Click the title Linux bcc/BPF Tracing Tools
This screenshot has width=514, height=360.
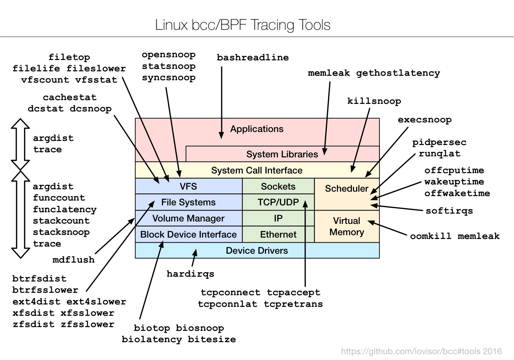click(x=243, y=25)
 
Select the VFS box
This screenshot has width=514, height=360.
click(x=188, y=186)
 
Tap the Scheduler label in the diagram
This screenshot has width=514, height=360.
click(x=346, y=189)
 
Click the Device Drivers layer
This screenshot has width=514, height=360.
click(x=257, y=251)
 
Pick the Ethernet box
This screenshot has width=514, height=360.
click(x=278, y=235)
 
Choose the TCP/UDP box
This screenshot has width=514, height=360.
click(x=278, y=202)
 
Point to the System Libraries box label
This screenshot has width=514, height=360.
click(x=282, y=154)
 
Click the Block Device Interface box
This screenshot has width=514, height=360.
click(x=188, y=235)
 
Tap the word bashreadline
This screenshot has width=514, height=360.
click(x=253, y=58)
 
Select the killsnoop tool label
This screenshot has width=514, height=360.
click(x=374, y=101)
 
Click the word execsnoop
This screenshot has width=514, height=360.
click(x=425, y=120)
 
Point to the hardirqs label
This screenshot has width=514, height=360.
click(x=190, y=274)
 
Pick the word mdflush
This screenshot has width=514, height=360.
click(x=73, y=260)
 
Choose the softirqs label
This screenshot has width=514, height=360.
click(x=449, y=211)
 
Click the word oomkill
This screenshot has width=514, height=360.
click(x=430, y=236)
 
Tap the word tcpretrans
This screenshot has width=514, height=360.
click(x=293, y=304)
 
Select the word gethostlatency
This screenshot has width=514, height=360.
click(x=398, y=73)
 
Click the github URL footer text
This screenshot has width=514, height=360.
click(x=421, y=351)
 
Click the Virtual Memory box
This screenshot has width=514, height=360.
click(x=346, y=226)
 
